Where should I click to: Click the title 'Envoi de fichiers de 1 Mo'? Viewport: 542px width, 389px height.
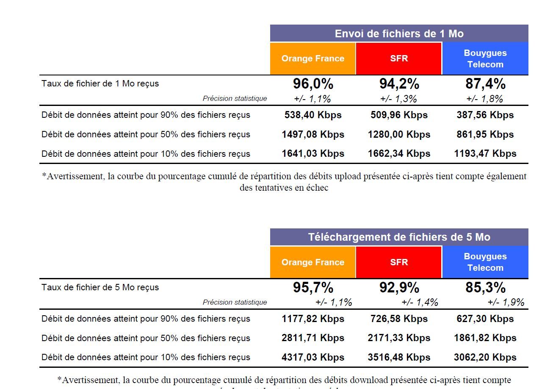coord(399,33)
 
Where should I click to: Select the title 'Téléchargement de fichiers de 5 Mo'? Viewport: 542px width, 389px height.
coord(399,237)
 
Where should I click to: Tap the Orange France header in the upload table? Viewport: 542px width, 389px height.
coord(313,58)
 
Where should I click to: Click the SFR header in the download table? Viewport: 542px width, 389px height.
coord(399,262)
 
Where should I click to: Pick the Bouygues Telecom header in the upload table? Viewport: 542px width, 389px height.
coord(485,58)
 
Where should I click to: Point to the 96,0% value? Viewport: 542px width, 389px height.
coord(313,84)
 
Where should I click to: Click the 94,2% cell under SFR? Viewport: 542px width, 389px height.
coord(399,84)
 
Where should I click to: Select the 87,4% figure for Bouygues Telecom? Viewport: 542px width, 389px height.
coord(485,84)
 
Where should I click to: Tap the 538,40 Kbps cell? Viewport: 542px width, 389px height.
coord(313,115)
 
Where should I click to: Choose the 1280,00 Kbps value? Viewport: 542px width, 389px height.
coord(399,134)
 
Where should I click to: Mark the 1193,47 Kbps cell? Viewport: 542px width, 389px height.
coord(485,153)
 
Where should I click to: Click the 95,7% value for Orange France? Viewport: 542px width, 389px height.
coord(313,288)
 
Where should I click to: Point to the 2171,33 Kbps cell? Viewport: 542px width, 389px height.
coord(399,338)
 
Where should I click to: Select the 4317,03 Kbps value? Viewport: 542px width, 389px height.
coord(313,357)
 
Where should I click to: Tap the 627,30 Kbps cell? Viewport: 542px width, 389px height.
coord(485,319)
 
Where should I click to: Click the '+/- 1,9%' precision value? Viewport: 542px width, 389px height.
coord(506,302)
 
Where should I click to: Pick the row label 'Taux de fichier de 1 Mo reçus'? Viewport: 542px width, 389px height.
coord(100,83)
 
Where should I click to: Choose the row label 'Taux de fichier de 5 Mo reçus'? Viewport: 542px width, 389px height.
coord(100,287)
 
